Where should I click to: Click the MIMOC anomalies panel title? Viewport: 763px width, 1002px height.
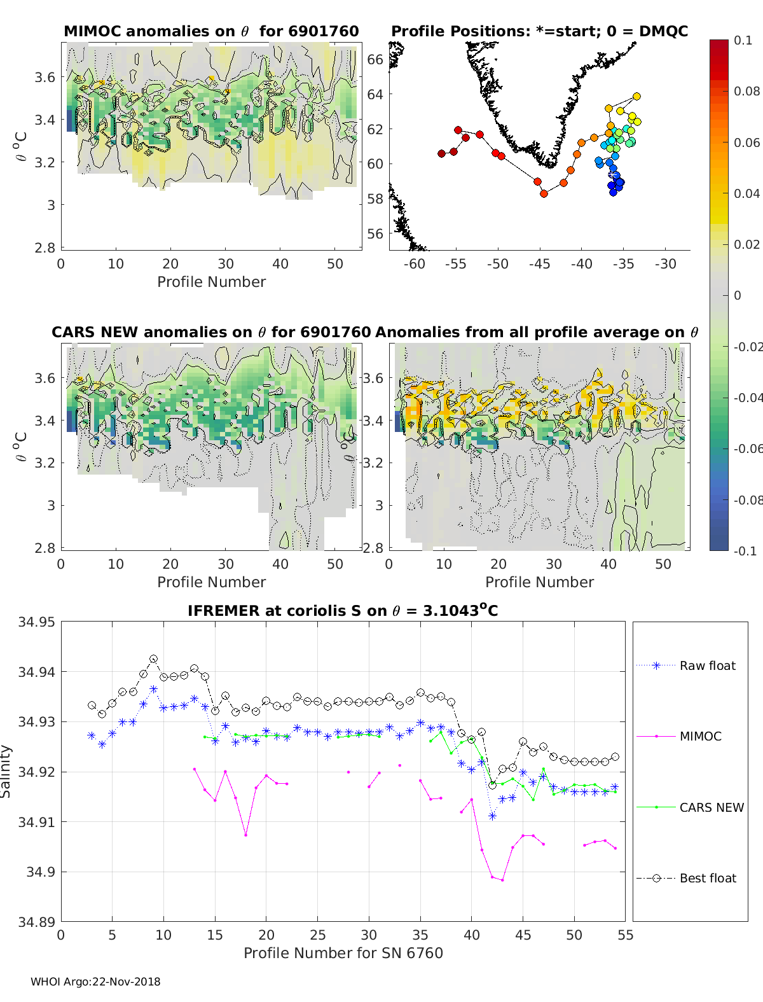[211, 31]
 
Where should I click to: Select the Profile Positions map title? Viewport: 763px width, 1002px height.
[539, 31]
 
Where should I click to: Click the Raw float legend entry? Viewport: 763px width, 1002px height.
[707, 665]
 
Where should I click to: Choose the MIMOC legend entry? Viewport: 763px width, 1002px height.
[700, 736]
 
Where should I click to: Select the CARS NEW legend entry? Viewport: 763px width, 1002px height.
[711, 807]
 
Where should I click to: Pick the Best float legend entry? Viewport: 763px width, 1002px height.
[707, 878]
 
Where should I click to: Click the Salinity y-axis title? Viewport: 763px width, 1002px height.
[6, 771]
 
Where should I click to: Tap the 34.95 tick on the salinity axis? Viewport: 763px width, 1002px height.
[37, 622]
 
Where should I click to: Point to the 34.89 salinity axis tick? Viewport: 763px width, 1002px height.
[37, 922]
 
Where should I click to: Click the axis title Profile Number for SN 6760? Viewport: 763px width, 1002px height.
[343, 953]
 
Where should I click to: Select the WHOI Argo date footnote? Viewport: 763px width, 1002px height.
[95, 982]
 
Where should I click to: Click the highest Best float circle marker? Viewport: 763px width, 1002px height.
[153, 659]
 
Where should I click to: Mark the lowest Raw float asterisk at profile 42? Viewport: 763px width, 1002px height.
[492, 816]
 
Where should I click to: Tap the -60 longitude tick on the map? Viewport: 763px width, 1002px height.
[414, 264]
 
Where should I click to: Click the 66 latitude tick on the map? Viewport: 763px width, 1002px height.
[375, 59]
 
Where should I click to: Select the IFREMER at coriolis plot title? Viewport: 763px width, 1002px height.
[343, 611]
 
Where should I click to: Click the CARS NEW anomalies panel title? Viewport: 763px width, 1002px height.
[211, 332]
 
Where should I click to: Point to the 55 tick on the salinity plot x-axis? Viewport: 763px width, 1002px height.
[626, 935]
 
